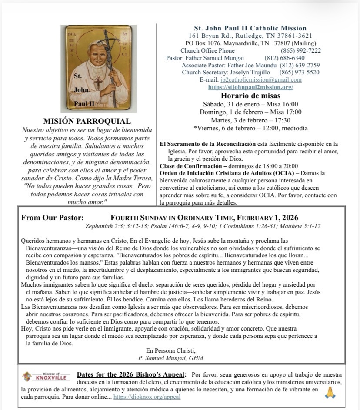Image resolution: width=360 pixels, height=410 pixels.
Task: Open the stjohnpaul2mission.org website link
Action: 250,87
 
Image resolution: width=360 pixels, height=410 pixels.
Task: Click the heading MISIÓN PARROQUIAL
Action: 87,122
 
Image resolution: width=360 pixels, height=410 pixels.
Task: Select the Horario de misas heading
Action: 250,96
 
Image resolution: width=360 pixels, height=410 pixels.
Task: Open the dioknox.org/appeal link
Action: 147,397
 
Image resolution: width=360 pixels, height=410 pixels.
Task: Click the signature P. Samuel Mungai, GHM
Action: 170,358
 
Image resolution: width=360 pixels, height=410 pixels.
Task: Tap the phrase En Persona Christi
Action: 170,350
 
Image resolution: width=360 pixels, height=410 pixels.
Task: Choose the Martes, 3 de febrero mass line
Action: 250,120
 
